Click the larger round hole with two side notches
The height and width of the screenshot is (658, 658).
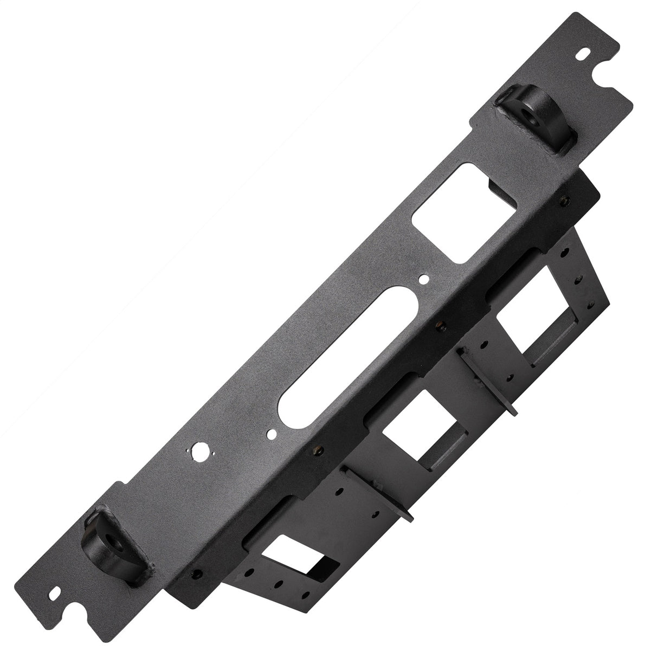[199, 449]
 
